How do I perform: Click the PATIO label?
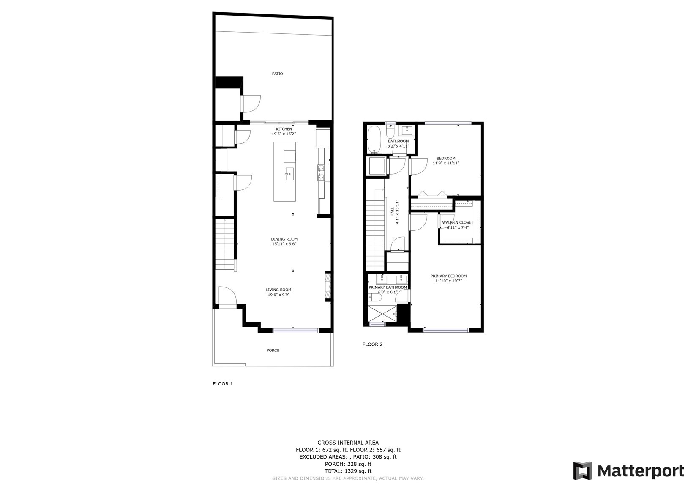[x=278, y=74]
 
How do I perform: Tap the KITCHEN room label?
[x=284, y=129]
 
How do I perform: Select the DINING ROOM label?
[x=284, y=239]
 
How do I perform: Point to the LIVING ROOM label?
[x=279, y=290]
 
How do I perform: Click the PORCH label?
[x=273, y=350]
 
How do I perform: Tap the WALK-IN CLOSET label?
[x=458, y=222]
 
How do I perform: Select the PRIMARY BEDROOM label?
[x=449, y=276]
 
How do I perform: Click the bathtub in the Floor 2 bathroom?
[x=373, y=139]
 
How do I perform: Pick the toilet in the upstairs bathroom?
[x=390, y=132]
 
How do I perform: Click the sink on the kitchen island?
[x=289, y=174]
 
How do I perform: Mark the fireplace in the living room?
[x=328, y=285]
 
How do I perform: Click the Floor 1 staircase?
[x=225, y=244]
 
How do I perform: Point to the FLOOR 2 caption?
[x=373, y=344]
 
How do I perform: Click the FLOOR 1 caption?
[x=223, y=384]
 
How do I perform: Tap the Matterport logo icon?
[x=583, y=471]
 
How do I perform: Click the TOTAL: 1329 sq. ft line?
[x=348, y=471]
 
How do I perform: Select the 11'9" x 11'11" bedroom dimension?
[x=446, y=163]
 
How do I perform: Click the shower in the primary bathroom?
[x=382, y=314]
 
